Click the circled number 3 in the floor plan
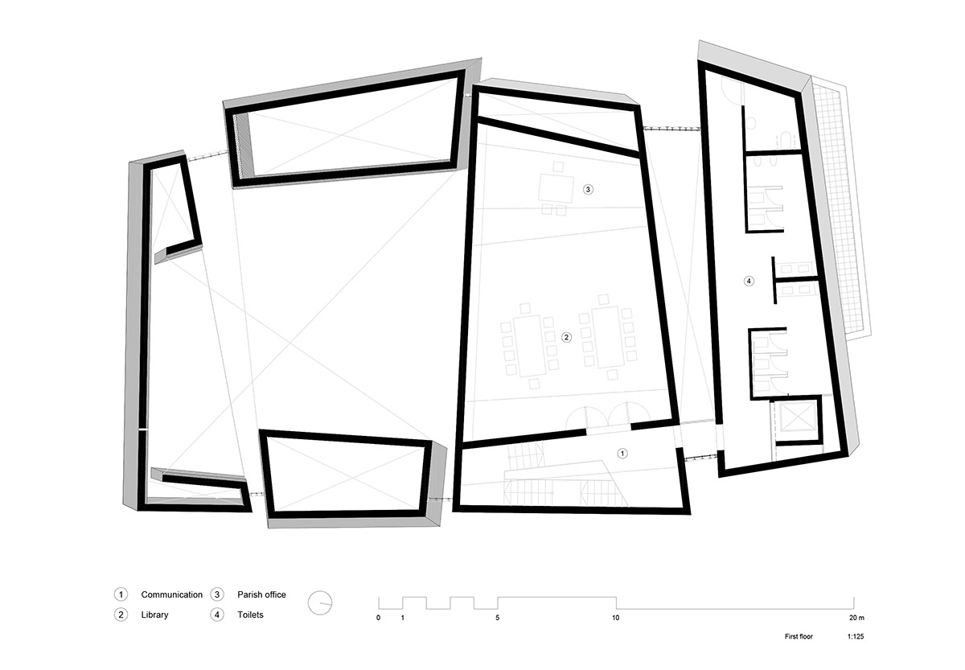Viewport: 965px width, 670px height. (588, 189)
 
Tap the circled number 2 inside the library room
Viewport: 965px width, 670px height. (566, 337)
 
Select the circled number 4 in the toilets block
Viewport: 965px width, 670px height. (749, 281)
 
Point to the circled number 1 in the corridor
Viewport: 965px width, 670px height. (622, 454)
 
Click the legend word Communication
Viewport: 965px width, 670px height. (171, 594)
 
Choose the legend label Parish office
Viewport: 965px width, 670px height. (261, 594)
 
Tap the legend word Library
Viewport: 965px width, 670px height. (154, 615)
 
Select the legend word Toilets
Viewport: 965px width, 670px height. (250, 615)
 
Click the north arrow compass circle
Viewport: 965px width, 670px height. (320, 602)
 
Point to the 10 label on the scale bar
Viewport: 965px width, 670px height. (616, 618)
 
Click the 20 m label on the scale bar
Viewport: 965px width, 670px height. (856, 618)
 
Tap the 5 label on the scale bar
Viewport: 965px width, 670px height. (497, 618)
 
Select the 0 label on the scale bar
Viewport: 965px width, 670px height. (378, 618)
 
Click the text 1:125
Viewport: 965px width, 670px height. (856, 636)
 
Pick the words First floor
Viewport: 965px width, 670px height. (799, 636)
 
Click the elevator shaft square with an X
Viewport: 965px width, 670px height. (798, 417)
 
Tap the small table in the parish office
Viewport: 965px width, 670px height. (556, 189)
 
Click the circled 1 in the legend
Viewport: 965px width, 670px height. (121, 594)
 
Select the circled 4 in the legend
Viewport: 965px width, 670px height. (216, 615)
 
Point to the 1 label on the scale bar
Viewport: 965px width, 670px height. (402, 618)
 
